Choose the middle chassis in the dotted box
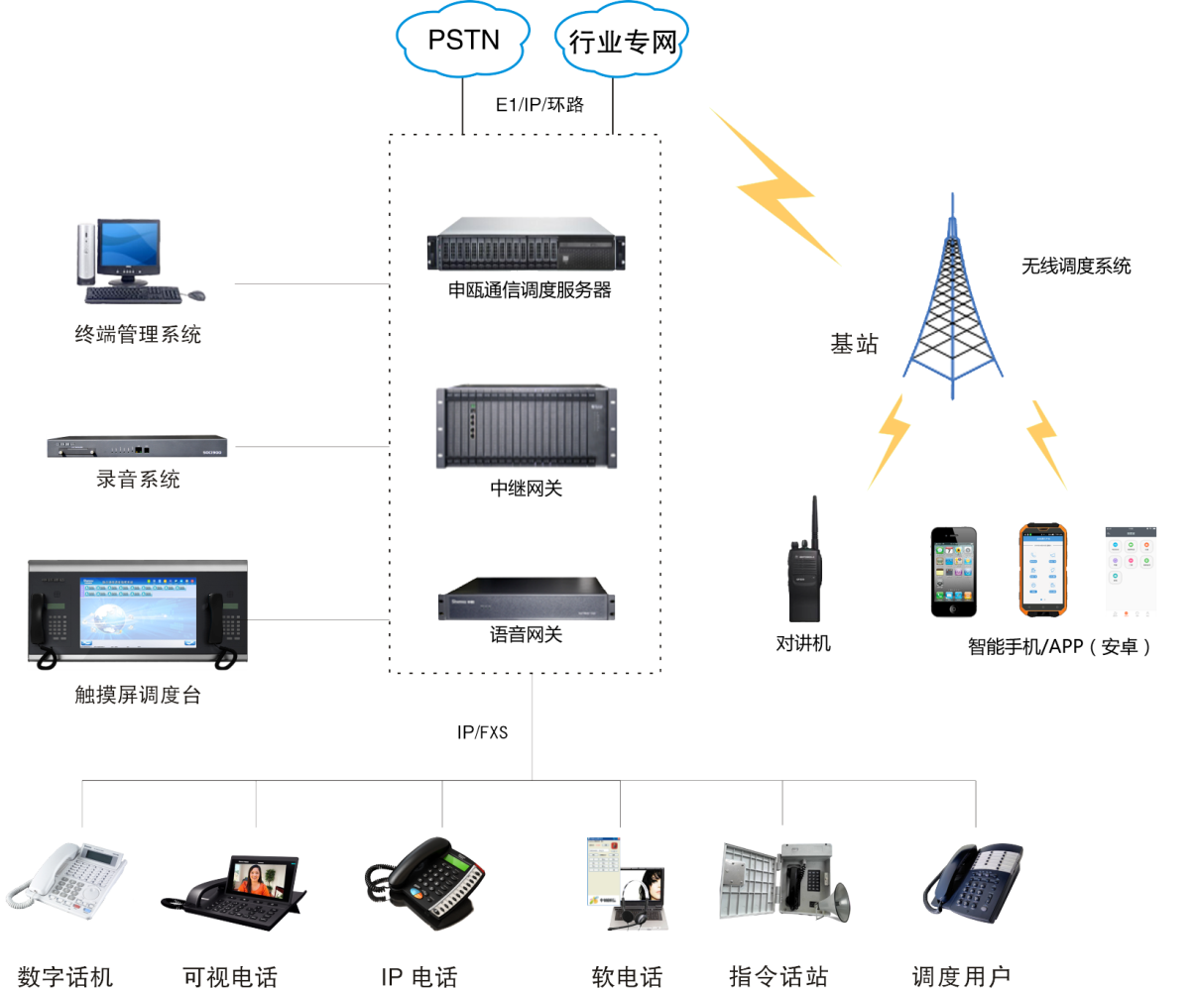(x=527, y=425)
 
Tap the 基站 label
(x=854, y=344)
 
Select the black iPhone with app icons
(x=953, y=572)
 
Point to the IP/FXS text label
(x=482, y=733)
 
